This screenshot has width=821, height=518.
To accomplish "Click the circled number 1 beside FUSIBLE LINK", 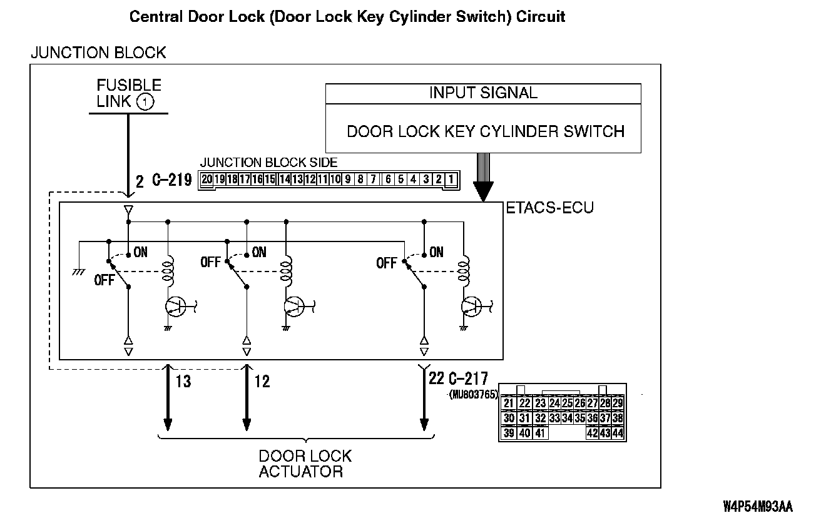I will (x=145, y=101).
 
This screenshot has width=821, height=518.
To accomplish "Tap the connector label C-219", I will (x=171, y=181).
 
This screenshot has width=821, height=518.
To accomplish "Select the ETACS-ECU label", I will (x=549, y=208).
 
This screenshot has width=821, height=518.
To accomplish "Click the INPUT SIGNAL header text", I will (x=483, y=93).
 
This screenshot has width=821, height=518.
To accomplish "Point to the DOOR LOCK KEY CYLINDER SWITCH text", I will (x=486, y=131).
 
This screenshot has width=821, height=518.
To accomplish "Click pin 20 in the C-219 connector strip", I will (x=207, y=180).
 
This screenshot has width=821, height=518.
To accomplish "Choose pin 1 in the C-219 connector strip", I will (x=451, y=180).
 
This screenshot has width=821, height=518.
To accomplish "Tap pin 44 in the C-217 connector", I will (x=618, y=433).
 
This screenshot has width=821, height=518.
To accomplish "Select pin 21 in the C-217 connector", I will (x=509, y=404).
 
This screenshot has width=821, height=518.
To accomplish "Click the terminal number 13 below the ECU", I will (x=183, y=380).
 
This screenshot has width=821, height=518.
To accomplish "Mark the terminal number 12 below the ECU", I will (x=262, y=380).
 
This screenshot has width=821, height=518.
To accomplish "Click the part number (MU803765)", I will (x=472, y=394).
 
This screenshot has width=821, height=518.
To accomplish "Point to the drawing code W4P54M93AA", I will (x=757, y=505).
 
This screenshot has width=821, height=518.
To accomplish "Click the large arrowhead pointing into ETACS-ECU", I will (x=482, y=191).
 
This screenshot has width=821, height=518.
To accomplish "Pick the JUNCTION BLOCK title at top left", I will (x=98, y=53).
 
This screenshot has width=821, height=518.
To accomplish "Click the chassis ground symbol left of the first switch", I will (x=79, y=271).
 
